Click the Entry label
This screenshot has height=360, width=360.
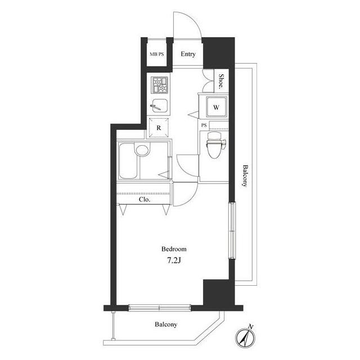point(188,54)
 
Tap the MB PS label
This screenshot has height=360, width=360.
point(157,55)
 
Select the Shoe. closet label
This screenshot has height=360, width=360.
point(221,81)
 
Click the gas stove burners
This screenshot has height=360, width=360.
point(160,85)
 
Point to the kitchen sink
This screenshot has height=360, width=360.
point(160,106)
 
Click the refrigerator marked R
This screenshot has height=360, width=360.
point(159,128)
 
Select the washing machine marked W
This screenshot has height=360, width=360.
point(216,107)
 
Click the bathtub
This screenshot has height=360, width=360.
point(128,161)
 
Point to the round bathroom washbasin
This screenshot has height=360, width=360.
point(142,150)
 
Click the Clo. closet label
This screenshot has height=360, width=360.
point(145,200)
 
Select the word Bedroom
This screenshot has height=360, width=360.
point(174,249)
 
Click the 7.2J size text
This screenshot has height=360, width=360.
point(174,260)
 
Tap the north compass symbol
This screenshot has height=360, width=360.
point(245,336)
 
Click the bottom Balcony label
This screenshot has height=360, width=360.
point(166,325)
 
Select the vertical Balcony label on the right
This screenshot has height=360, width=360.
point(245,176)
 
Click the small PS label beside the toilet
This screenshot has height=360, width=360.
point(204,125)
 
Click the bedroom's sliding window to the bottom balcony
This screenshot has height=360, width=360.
point(160,308)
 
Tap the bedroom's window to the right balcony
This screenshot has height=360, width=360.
point(232,231)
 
